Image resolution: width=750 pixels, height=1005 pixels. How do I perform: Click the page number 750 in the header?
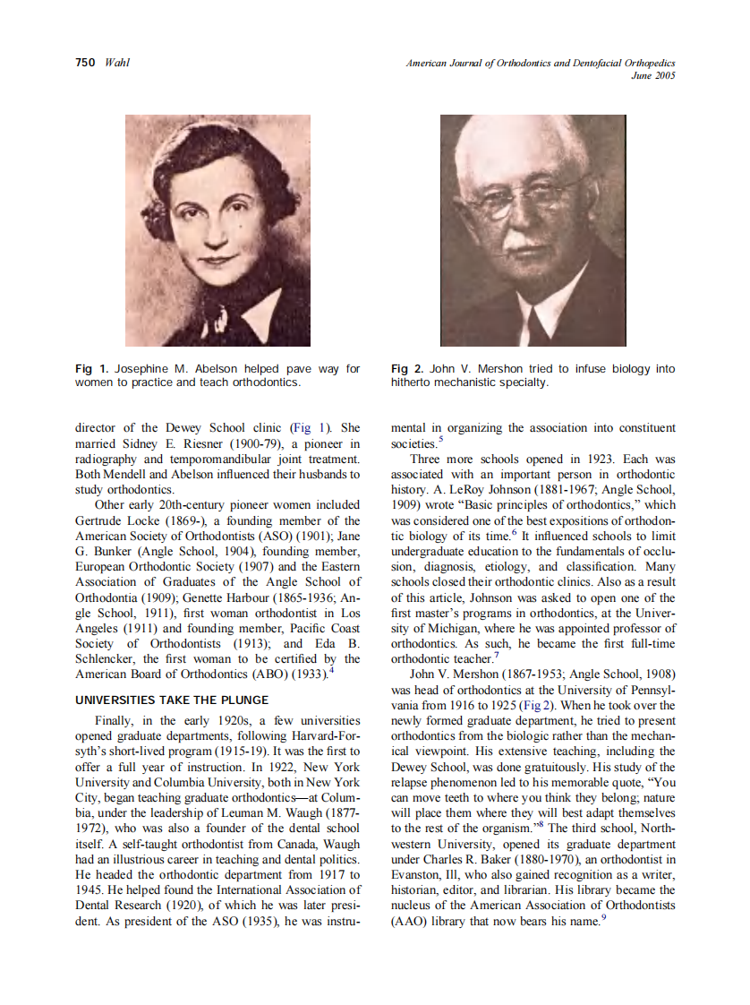[85, 63]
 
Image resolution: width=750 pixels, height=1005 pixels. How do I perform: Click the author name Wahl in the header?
[117, 63]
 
